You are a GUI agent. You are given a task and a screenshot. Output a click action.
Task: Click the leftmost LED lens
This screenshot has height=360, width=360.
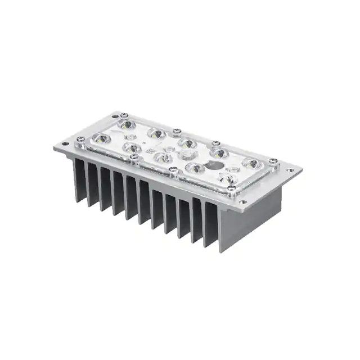coord(100,138)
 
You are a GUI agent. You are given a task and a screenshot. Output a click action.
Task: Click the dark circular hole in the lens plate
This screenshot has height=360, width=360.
coord(213,165)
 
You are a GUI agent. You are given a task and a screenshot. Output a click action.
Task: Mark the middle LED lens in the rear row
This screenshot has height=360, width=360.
coord(187,143)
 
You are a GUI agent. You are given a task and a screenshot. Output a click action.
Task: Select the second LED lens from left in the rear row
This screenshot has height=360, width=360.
coord(156,134)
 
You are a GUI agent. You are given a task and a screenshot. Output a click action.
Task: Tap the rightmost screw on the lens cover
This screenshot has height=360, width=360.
coord(273,160)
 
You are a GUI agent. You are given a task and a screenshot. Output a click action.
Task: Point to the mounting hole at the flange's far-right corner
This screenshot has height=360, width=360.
coord(290,170)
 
